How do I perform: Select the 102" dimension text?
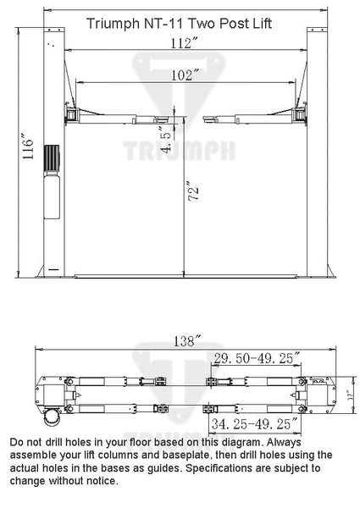[180, 75]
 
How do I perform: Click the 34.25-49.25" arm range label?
[253, 422]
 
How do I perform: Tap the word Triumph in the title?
[112, 24]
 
